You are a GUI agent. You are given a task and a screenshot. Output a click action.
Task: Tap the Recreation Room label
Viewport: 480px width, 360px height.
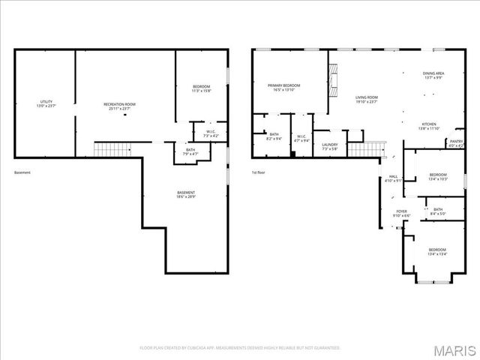click(119, 103)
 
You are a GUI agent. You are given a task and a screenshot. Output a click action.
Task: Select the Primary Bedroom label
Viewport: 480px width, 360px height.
click(284, 88)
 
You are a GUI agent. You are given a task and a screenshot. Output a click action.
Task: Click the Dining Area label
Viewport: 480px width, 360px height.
click(433, 75)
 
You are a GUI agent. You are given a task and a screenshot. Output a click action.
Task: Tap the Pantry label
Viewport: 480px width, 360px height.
click(456, 142)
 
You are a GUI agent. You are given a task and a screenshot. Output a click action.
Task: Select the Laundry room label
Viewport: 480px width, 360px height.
click(330, 146)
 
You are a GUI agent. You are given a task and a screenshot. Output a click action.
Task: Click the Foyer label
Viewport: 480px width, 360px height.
click(402, 213)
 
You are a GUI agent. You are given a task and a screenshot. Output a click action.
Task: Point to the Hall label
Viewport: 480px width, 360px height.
click(393, 178)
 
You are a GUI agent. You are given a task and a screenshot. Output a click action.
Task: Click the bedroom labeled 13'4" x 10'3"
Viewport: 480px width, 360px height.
click(437, 176)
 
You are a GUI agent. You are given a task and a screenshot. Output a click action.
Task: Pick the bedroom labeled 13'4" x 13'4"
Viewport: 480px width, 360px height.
click(437, 251)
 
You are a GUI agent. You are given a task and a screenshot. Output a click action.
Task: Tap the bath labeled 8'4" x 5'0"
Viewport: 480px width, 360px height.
click(438, 211)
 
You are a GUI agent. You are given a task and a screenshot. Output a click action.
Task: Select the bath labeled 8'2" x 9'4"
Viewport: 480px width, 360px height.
click(274, 136)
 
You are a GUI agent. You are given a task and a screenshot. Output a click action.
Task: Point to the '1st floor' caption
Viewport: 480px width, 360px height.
click(259, 172)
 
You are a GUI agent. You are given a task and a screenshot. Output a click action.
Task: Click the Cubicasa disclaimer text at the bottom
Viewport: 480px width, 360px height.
click(240, 348)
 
